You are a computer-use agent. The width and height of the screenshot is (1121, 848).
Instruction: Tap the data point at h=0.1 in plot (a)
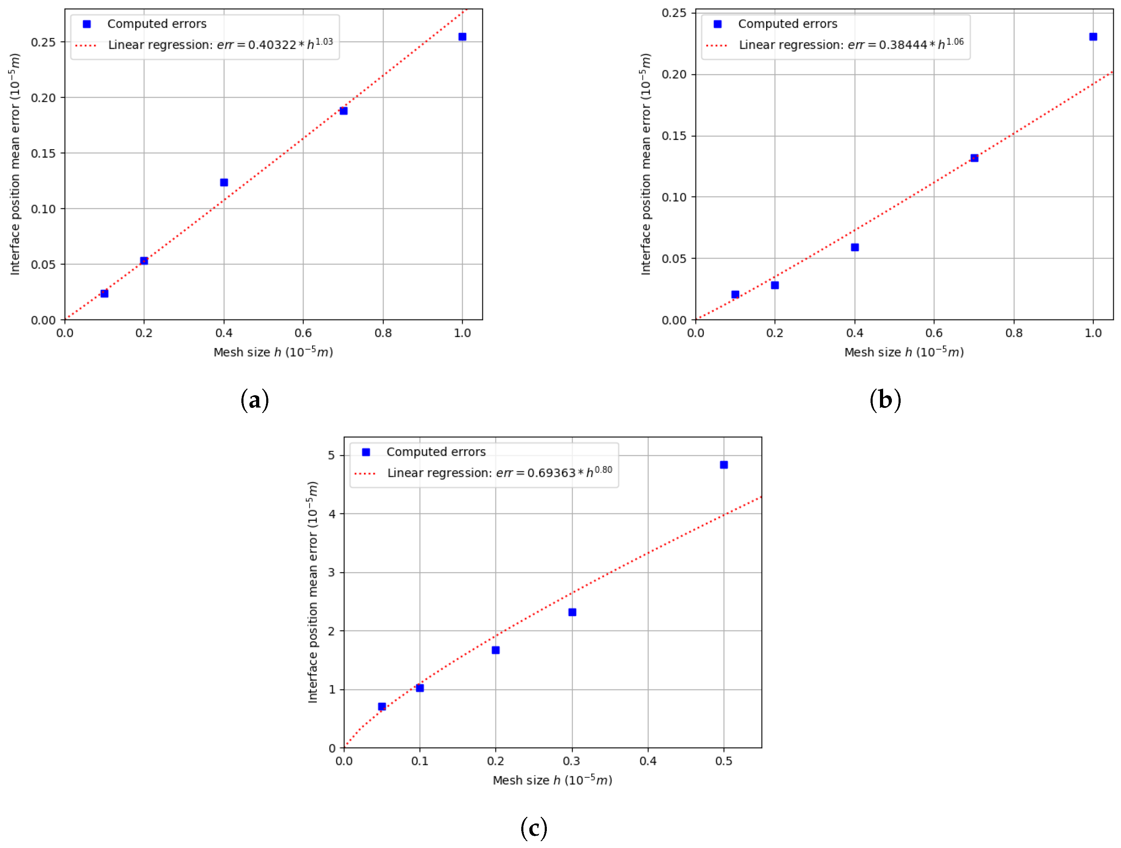(104, 294)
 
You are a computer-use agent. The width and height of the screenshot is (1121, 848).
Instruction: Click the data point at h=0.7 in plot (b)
(974, 158)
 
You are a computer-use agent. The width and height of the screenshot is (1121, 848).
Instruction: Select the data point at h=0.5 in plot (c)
(724, 465)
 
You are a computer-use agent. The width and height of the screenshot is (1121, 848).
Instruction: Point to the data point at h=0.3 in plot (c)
(572, 612)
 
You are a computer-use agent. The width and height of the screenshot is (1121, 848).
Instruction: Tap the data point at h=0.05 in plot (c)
(382, 706)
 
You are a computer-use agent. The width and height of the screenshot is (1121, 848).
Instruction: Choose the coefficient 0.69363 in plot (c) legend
(551, 473)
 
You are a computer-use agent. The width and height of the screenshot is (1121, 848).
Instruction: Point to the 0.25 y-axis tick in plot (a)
(43, 42)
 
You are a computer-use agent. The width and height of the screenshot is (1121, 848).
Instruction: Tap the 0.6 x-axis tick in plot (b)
(934, 333)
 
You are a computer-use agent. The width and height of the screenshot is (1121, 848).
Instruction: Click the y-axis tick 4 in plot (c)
(332, 514)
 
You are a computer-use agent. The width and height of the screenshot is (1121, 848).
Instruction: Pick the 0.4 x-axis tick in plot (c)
(648, 761)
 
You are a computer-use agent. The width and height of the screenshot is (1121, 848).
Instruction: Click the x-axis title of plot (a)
(273, 352)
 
